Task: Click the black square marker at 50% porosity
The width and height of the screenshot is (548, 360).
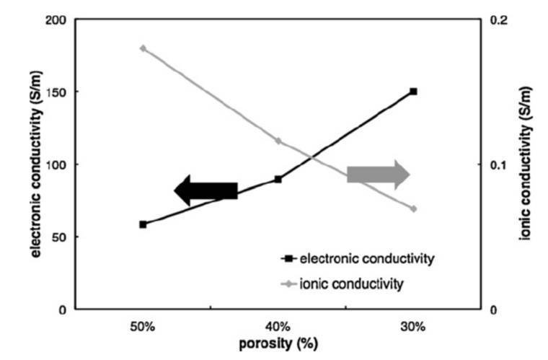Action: coord(143,224)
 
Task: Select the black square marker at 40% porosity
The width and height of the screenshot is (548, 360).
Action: coord(278,179)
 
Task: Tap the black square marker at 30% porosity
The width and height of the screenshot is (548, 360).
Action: coord(413,92)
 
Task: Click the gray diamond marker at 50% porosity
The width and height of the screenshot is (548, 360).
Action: coord(143,48)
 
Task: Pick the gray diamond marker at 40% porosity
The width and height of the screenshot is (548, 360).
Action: coord(278,141)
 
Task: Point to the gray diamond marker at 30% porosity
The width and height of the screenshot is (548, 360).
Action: coord(413,208)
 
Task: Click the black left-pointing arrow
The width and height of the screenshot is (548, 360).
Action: coord(205,190)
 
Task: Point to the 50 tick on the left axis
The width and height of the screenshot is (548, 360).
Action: coord(58,237)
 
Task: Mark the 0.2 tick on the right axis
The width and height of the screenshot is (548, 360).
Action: coord(498,20)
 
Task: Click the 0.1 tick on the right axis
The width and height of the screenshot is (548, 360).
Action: coord(498,164)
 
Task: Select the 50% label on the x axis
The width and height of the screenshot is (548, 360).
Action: coord(143,326)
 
